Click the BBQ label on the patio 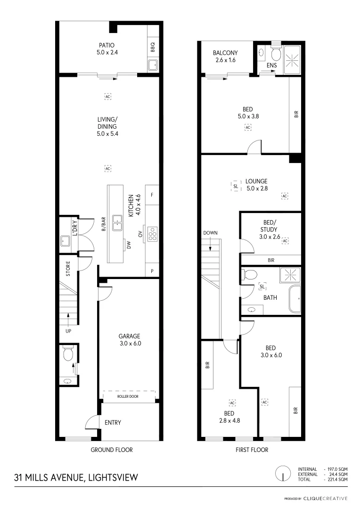tap(153, 48)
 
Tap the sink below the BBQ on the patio tap(153, 65)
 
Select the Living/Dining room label tap(107, 126)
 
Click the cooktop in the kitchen tap(153, 234)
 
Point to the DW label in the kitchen tap(128, 244)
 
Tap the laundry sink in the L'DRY tap(65, 241)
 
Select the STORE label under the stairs tap(68, 269)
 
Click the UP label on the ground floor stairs tap(69, 331)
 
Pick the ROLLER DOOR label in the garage tap(128, 397)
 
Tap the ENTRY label tap(113, 423)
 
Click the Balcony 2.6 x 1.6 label tap(225, 57)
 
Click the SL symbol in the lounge tap(236, 186)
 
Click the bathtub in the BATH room tap(295, 299)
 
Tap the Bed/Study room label tap(270, 229)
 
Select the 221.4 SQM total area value tap(337, 479)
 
